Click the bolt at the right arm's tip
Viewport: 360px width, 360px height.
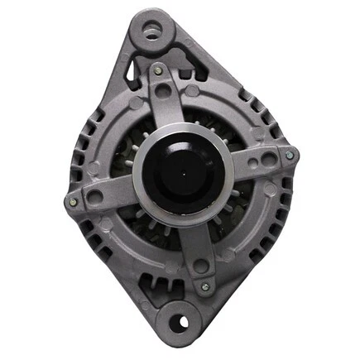pos(289,155)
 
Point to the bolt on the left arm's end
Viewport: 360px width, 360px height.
pos(74,199)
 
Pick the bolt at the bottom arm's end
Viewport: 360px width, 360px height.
pos(204,286)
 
